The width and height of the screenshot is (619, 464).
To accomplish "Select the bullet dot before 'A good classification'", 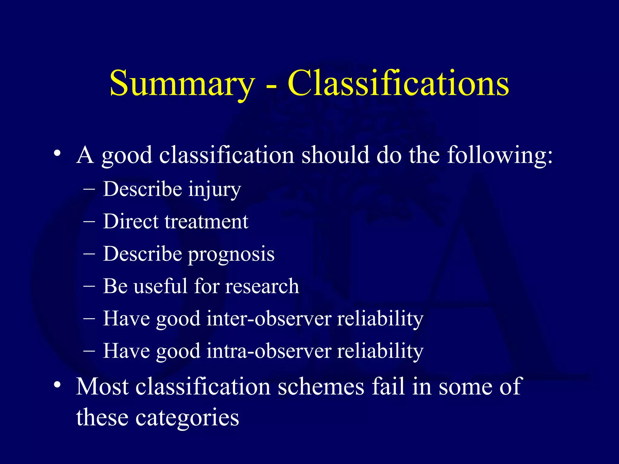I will tap(57, 153).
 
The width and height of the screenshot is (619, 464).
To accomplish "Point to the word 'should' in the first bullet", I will tap(335, 155).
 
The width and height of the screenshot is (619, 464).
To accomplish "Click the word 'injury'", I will tap(214, 190).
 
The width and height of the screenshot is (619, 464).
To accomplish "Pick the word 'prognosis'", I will tap(231, 254).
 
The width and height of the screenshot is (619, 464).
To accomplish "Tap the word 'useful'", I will tap(160, 286).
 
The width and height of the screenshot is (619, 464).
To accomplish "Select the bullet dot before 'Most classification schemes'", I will tap(57, 385).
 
